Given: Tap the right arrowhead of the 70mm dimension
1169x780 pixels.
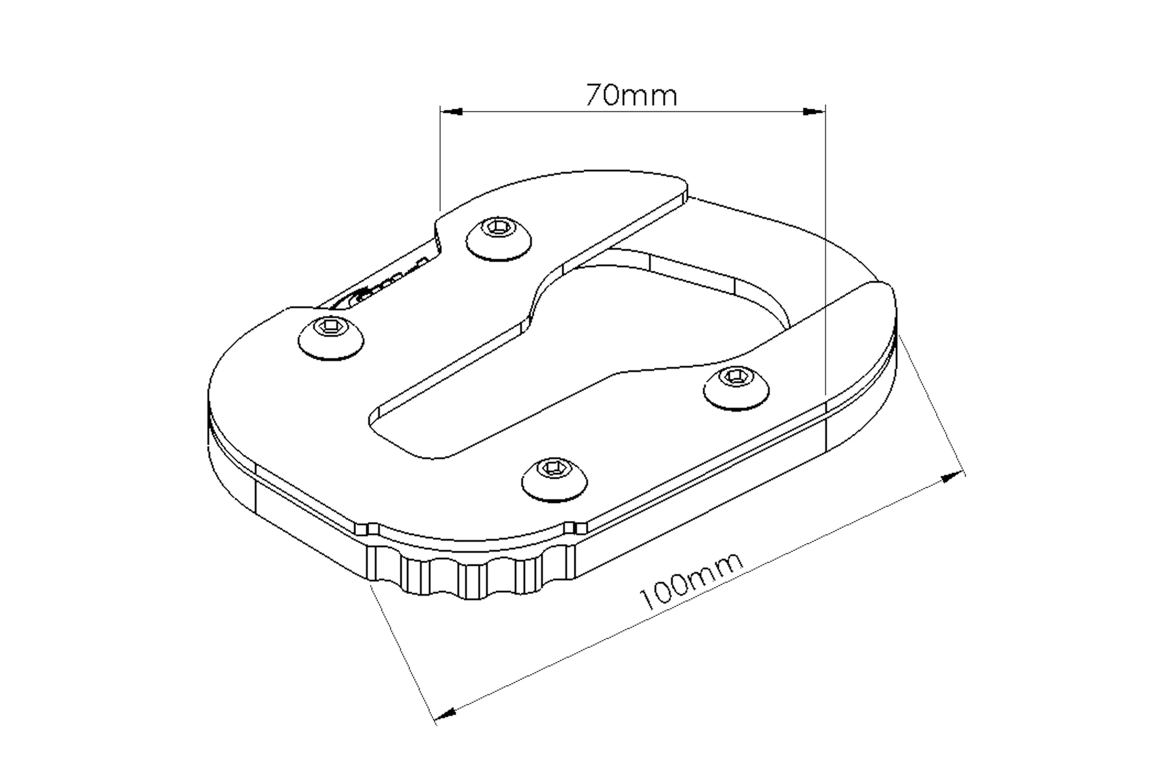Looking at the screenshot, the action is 814,111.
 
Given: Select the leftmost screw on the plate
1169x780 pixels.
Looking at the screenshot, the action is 331,337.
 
